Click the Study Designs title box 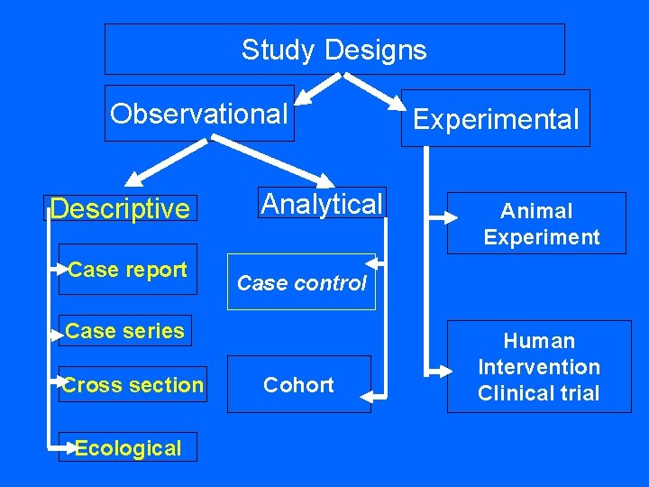pos(334,49)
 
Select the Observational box pos(199,114)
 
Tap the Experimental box pos(495,118)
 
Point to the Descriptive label pos(121,209)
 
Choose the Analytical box pos(322,204)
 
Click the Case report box pos(127,270)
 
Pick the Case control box pos(301,282)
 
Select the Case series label pos(124,331)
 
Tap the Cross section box pos(133,385)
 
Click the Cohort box pos(298,385)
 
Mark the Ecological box pos(127,448)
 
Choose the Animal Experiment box pos(537,224)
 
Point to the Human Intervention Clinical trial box pos(539,367)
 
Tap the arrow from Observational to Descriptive pos(162,160)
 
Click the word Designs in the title pos(378,49)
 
